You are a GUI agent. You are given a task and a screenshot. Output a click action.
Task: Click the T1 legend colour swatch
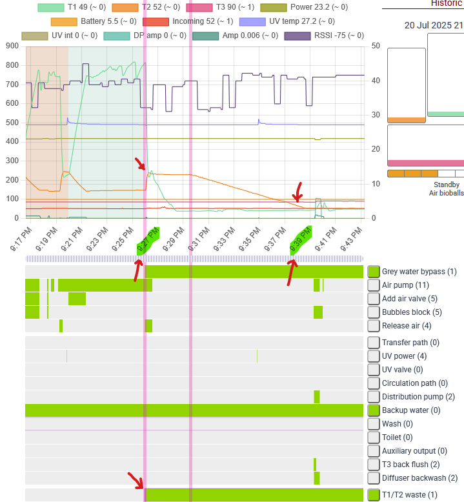click(50, 7)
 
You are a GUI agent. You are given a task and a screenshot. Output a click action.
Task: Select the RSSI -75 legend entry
click(324, 35)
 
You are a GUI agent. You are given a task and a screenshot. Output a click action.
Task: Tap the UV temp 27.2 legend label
click(301, 21)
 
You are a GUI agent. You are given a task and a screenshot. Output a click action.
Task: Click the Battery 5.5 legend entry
click(94, 21)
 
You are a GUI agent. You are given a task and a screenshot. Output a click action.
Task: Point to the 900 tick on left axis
click(12, 46)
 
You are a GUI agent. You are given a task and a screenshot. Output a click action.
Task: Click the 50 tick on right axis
click(376, 46)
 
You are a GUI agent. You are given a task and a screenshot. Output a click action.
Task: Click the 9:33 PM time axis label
click(225, 239)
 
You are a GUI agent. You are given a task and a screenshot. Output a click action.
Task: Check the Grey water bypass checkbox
click(374, 272)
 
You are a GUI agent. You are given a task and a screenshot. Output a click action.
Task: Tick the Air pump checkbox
click(374, 285)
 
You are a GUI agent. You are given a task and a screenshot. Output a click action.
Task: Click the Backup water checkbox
click(374, 410)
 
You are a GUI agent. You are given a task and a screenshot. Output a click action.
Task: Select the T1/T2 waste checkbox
click(374, 495)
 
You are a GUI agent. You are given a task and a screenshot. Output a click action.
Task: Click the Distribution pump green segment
click(317, 397)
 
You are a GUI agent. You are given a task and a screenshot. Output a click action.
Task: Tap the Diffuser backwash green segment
click(317, 478)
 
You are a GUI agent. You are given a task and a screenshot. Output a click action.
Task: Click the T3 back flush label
click(411, 465)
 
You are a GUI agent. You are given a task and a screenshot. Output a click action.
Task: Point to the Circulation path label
click(415, 383)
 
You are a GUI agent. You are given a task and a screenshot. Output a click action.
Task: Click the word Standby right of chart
click(447, 185)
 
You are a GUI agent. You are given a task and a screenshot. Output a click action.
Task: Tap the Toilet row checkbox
click(374, 437)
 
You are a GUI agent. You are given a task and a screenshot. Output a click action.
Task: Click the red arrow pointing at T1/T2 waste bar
click(136, 481)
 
